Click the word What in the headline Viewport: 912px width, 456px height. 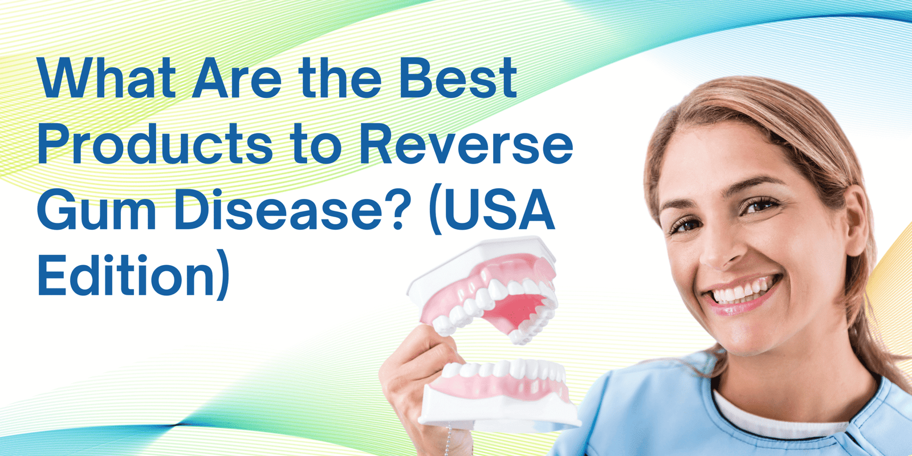click(x=107, y=78)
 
